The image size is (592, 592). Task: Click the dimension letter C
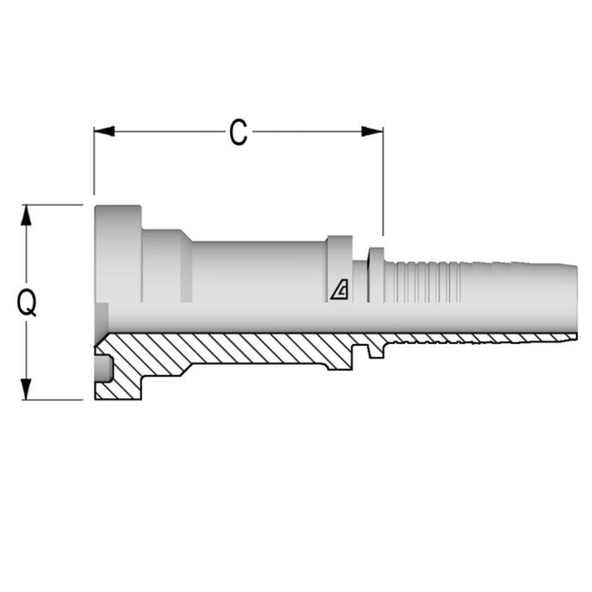click(x=239, y=132)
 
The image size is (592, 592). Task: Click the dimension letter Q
click(x=27, y=303)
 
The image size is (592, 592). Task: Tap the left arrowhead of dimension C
click(x=104, y=131)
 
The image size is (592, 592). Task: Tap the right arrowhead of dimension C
click(x=372, y=131)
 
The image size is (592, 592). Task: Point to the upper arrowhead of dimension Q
click(x=25, y=215)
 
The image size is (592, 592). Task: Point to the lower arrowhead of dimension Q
click(x=25, y=389)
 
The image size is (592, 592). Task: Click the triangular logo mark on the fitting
click(x=339, y=290)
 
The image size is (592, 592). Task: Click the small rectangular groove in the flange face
click(x=103, y=368)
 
